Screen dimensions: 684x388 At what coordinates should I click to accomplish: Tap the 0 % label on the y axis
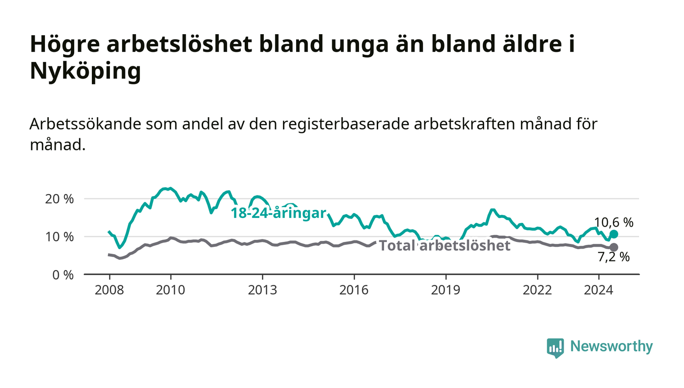[63, 275]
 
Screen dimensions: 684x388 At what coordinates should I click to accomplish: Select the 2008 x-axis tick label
[109, 290]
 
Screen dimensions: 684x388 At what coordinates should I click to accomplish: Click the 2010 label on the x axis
[171, 290]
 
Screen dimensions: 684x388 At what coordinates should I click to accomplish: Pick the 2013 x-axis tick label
[262, 290]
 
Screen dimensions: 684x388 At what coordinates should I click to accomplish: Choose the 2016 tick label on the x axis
[354, 290]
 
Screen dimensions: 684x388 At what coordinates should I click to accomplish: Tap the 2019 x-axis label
[446, 290]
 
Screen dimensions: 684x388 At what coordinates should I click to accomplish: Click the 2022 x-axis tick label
[537, 290]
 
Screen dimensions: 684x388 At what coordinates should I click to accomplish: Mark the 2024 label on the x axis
[598, 290]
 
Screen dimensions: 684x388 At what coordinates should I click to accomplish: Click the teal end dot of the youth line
[614, 235]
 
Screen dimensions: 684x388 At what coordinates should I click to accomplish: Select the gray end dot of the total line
[614, 247]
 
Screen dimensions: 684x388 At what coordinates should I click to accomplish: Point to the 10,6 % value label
[614, 222]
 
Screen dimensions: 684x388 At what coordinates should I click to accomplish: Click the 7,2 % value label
[614, 257]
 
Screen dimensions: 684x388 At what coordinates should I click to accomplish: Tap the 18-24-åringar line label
[278, 213]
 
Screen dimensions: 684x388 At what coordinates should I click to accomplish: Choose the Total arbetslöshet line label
[445, 246]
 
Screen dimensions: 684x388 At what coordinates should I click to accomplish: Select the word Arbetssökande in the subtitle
[85, 124]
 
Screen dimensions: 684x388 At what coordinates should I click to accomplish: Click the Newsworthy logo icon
[556, 347]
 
